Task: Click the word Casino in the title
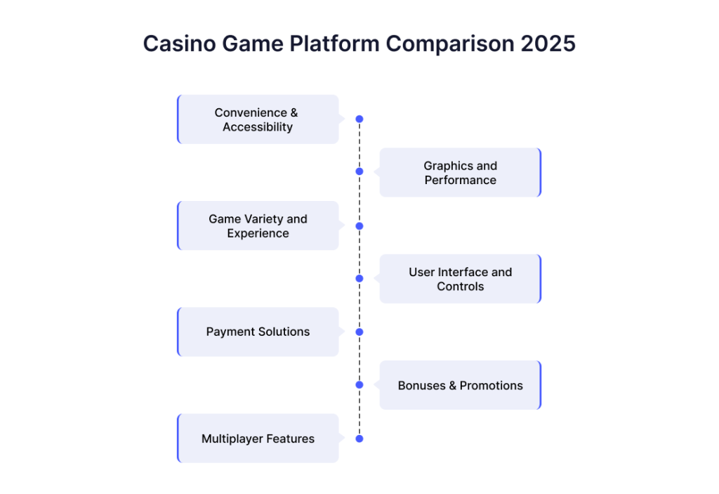click(x=180, y=44)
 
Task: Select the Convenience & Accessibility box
click(x=258, y=119)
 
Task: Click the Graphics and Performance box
click(x=461, y=173)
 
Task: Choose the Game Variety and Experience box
click(x=258, y=226)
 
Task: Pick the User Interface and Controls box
click(x=461, y=279)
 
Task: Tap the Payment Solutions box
click(x=258, y=332)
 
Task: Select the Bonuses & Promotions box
click(x=461, y=385)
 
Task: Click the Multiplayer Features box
click(x=258, y=438)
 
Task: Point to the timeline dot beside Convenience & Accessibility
click(x=359, y=119)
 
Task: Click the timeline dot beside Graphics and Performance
click(x=359, y=171)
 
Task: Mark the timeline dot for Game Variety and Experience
click(x=359, y=226)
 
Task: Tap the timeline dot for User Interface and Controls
click(x=359, y=278)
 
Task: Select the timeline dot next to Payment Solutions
click(x=359, y=332)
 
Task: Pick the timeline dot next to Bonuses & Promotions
click(x=359, y=385)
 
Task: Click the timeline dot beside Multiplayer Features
click(x=359, y=438)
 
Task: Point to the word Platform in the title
click(x=334, y=44)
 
